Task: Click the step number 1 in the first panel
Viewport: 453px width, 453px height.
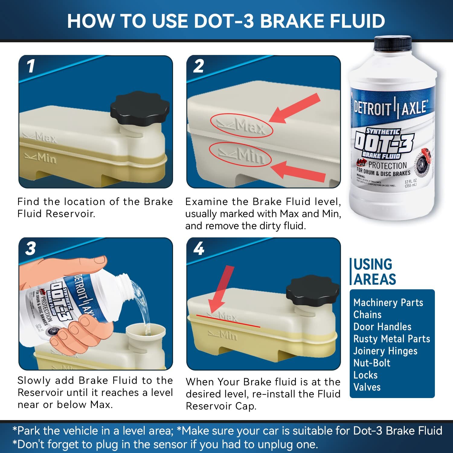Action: [31, 66]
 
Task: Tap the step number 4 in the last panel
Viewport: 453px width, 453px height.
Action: [199, 249]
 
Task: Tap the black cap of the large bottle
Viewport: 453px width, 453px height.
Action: [393, 43]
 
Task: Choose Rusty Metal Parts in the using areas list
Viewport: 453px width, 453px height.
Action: [391, 339]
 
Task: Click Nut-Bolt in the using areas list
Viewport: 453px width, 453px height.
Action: [372, 363]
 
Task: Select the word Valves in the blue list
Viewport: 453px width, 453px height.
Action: [367, 387]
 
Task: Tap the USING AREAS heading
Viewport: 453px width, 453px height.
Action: [374, 272]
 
